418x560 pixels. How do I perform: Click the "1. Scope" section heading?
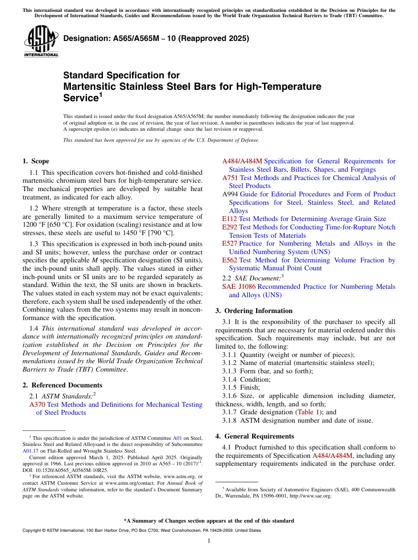[36, 161]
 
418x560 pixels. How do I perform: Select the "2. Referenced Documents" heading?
[62, 385]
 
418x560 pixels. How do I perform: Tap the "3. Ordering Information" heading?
[254, 310]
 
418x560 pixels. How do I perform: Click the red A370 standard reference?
[37, 405]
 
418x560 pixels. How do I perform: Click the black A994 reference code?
[230, 194]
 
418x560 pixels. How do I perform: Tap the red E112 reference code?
[230, 219]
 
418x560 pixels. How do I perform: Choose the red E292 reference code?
[230, 227]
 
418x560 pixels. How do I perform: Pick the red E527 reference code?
[230, 243]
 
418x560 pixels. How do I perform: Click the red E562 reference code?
[230, 260]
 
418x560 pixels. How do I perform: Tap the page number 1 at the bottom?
[209, 541]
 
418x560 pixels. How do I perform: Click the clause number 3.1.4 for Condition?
[230, 379]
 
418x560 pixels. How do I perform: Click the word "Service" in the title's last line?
[81, 97]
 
